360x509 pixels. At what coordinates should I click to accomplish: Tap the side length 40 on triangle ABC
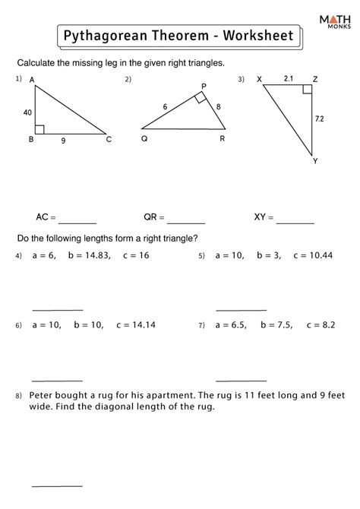click(x=27, y=112)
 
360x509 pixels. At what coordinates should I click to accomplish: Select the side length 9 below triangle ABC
click(x=64, y=141)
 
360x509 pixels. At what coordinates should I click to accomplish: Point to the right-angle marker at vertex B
click(x=40, y=130)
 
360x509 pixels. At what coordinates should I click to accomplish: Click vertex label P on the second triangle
click(x=204, y=87)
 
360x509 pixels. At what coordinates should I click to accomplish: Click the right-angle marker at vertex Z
click(x=306, y=89)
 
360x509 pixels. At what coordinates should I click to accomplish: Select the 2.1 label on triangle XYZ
click(x=289, y=77)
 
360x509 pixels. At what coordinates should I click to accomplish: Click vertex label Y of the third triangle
click(x=315, y=161)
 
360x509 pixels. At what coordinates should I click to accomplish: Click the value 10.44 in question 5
click(x=317, y=256)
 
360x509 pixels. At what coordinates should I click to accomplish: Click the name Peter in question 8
click(x=44, y=395)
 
